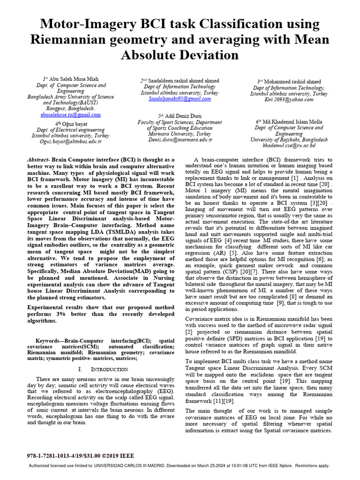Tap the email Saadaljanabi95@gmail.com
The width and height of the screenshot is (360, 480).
[180, 99]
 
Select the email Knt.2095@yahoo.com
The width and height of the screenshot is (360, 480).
[288, 99]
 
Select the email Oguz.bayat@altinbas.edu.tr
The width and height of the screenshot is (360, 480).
[70, 142]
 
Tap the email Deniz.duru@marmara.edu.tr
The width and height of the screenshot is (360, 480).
[180, 140]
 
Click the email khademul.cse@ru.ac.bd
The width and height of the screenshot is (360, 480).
[288, 146]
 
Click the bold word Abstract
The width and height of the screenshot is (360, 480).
[39, 159]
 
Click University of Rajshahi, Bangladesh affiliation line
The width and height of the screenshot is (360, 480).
[288, 140]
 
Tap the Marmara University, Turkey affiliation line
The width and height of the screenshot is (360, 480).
[180, 134]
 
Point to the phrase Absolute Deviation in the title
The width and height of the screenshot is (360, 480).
[180, 55]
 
